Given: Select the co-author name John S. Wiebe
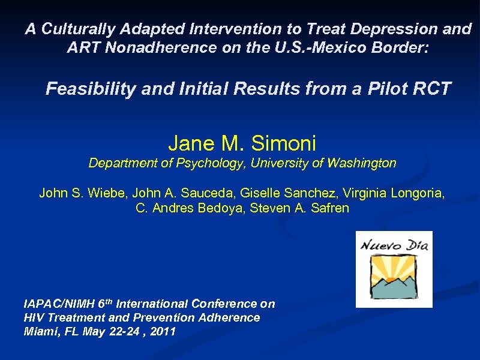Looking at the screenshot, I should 82,193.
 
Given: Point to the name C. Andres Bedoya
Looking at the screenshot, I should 180,209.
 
